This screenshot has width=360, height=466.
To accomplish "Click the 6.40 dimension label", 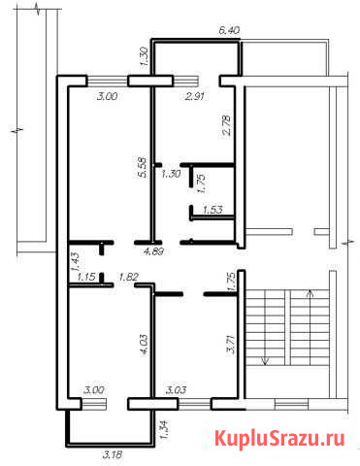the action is [x=229, y=30].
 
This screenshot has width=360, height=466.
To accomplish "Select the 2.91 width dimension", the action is [x=195, y=96].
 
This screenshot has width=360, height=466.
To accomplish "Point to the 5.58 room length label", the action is [x=143, y=167].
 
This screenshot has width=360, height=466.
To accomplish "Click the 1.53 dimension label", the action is [x=213, y=210].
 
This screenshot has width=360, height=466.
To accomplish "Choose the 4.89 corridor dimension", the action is [x=153, y=250].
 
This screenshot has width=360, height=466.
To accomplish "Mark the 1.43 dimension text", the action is [x=75, y=262].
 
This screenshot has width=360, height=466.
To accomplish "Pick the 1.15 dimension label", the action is [x=86, y=277].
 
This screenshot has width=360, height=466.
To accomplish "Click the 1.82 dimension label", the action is [x=128, y=277].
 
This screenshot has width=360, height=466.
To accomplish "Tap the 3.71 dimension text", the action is [x=231, y=344].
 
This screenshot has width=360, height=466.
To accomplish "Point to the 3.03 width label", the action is [x=176, y=390].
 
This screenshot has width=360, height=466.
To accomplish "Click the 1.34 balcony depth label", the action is [x=164, y=429].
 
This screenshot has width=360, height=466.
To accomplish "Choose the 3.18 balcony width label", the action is [x=113, y=454].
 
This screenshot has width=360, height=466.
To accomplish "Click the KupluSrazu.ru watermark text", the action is [x=279, y=439].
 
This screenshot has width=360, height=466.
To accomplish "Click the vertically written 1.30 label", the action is [x=145, y=57].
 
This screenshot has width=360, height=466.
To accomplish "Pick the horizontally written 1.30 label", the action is [x=171, y=174].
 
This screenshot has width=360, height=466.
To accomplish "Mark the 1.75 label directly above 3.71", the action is [x=231, y=283].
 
